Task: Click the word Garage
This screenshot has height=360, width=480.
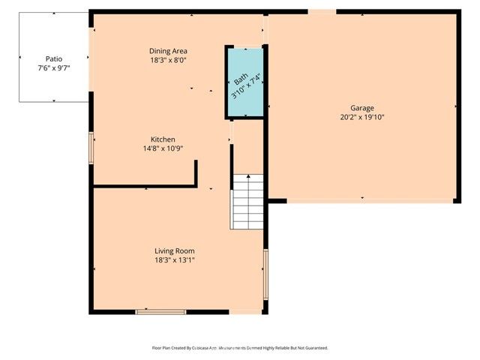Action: pos(361,108)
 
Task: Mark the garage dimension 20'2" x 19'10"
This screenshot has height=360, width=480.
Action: pos(361,117)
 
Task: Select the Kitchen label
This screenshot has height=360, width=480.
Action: pos(163,139)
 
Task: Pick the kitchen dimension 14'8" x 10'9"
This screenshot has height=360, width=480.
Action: pos(163,148)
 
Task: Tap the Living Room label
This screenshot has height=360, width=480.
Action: pos(175,250)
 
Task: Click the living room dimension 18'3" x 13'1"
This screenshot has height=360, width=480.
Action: pos(175,260)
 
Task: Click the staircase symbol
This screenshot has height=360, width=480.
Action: pos(247,202)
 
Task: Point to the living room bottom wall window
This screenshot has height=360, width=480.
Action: pos(160,311)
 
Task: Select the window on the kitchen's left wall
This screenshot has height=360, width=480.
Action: pos(91,148)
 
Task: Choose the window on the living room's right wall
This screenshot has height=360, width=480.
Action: pos(265,274)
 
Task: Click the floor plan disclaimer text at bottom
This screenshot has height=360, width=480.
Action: pos(240,348)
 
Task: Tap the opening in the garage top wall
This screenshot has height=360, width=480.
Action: pos(322,11)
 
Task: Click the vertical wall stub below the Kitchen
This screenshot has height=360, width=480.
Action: pos(196,172)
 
